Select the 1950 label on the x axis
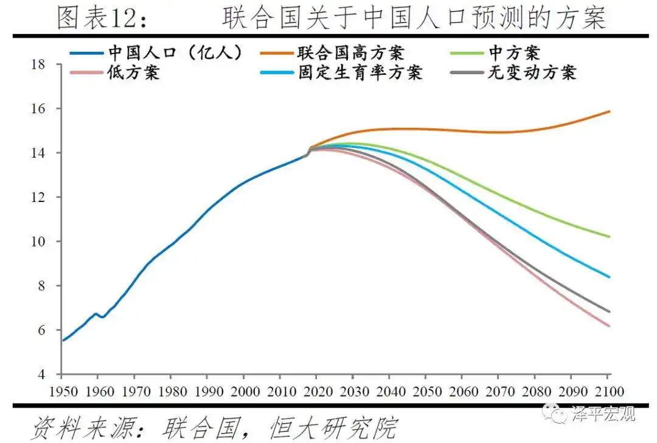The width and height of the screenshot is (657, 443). point(63,391)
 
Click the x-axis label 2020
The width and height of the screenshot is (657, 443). point(315,391)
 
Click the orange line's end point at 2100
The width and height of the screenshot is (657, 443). point(610,111)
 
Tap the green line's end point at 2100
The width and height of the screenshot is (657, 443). point(610,237)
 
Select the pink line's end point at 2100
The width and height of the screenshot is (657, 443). point(610,326)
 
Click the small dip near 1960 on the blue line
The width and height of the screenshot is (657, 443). point(102,317)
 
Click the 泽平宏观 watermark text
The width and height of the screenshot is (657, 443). point(603,415)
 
